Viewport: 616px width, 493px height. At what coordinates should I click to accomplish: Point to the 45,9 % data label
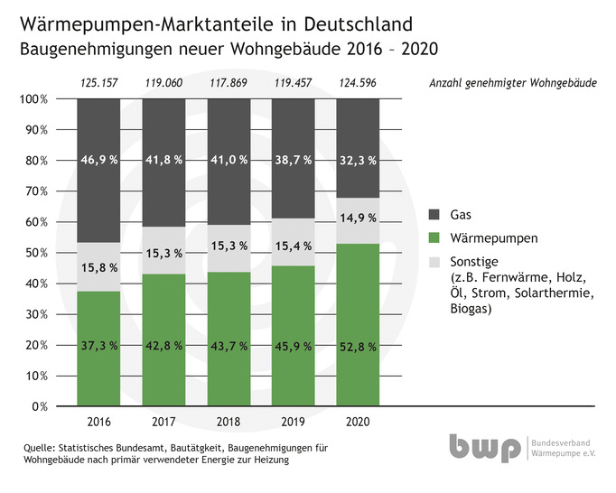294,345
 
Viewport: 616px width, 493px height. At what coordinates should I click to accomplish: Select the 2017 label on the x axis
163,422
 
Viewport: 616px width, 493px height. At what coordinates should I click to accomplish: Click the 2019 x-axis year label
294,422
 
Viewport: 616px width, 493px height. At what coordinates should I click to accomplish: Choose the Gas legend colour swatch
433,215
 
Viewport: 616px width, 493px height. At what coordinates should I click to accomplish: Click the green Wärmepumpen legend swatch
433,237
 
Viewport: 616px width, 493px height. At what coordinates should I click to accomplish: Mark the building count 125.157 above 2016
98,84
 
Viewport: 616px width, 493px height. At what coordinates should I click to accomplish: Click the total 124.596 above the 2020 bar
358,84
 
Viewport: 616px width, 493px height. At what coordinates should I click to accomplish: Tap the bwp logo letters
485,448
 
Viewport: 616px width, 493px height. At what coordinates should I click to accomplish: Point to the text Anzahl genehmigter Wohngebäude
511,84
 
